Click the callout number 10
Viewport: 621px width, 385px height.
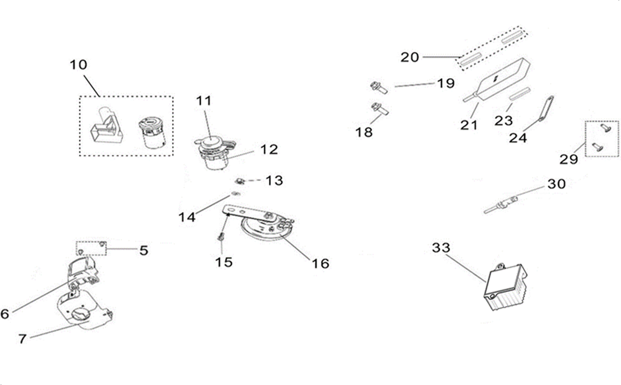point(79,65)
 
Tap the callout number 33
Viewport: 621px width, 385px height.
point(441,248)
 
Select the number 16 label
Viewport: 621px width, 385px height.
point(320,263)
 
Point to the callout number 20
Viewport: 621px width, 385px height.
point(410,57)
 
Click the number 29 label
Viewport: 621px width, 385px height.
point(569,160)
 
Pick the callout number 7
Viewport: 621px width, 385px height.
point(22,339)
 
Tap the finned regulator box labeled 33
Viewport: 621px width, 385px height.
point(505,288)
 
